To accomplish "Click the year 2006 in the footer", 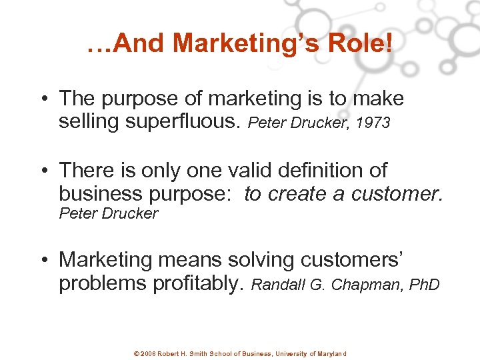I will [149, 353].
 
